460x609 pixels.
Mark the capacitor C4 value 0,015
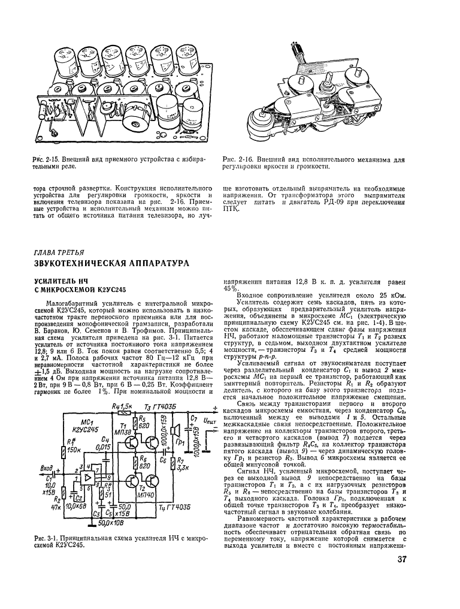click(x=103, y=447)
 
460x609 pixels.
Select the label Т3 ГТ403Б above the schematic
click(x=159, y=408)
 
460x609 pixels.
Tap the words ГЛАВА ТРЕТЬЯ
click(x=59, y=252)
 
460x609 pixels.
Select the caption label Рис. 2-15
click(x=44, y=158)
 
